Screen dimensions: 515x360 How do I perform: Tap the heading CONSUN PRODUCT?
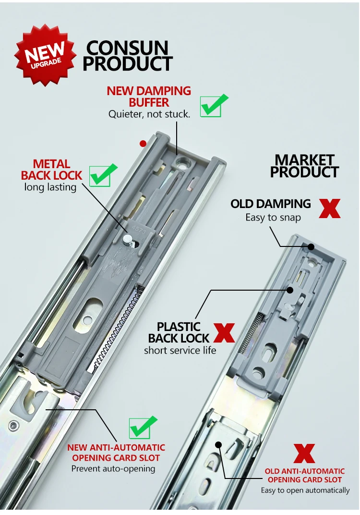click(128, 56)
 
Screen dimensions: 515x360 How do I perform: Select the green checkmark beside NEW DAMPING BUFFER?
click(213, 105)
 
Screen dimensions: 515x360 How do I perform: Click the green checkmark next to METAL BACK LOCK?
click(102, 175)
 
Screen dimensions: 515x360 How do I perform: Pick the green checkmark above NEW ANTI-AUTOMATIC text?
click(143, 427)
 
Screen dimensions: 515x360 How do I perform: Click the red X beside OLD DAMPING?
click(329, 208)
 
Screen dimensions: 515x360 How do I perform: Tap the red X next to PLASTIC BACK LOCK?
click(224, 332)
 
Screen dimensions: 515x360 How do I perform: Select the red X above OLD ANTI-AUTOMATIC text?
click(304, 454)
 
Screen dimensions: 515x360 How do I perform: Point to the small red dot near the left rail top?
click(143, 143)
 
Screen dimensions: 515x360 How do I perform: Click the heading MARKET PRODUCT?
click(304, 166)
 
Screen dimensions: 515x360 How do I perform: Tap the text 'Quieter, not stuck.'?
click(149, 114)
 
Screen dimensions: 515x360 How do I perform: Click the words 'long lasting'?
click(50, 187)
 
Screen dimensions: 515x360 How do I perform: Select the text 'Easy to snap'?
click(273, 217)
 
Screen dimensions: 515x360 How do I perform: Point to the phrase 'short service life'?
click(180, 350)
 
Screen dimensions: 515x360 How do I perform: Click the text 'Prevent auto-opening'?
click(113, 468)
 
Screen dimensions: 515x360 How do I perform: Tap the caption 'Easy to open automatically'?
click(305, 490)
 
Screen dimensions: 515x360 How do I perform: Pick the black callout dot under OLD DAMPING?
click(311, 247)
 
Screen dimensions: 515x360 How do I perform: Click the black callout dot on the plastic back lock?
click(290, 290)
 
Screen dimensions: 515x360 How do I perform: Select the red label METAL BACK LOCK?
click(52, 170)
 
